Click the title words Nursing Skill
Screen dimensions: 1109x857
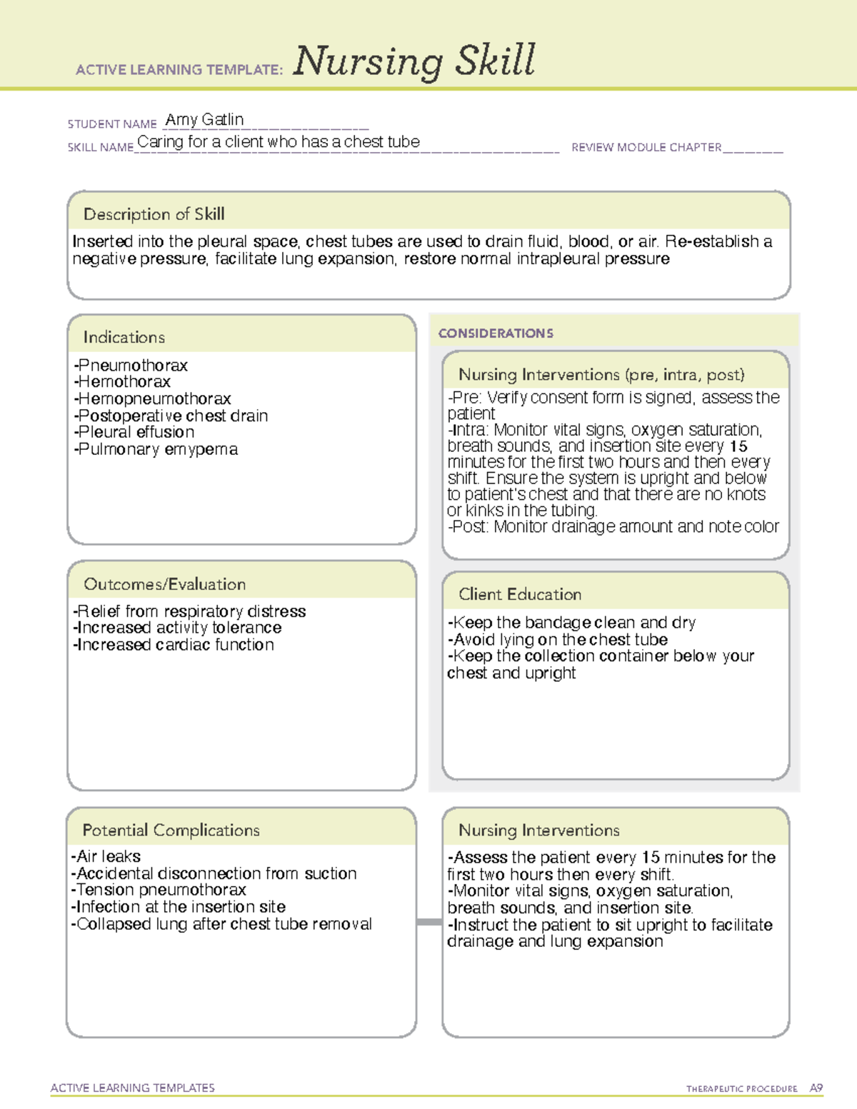(414, 61)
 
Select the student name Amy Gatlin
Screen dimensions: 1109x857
(204, 119)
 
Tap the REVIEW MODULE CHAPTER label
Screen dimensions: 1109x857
(646, 147)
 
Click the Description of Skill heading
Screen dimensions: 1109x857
(154, 214)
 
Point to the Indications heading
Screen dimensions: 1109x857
(124, 337)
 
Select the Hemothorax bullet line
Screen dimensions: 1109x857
(122, 382)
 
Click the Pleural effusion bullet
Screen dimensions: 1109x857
(134, 433)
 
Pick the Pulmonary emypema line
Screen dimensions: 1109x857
(156, 450)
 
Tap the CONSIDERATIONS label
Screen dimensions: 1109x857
(496, 333)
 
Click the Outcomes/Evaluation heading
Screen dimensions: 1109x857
(164, 584)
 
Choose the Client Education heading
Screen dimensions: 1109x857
(520, 594)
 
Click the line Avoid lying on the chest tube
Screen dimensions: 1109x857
(558, 640)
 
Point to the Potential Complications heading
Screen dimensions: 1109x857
(171, 831)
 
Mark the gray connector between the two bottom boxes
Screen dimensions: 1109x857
(429, 922)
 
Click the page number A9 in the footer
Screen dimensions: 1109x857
(816, 1088)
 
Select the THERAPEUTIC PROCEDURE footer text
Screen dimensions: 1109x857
(741, 1089)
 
